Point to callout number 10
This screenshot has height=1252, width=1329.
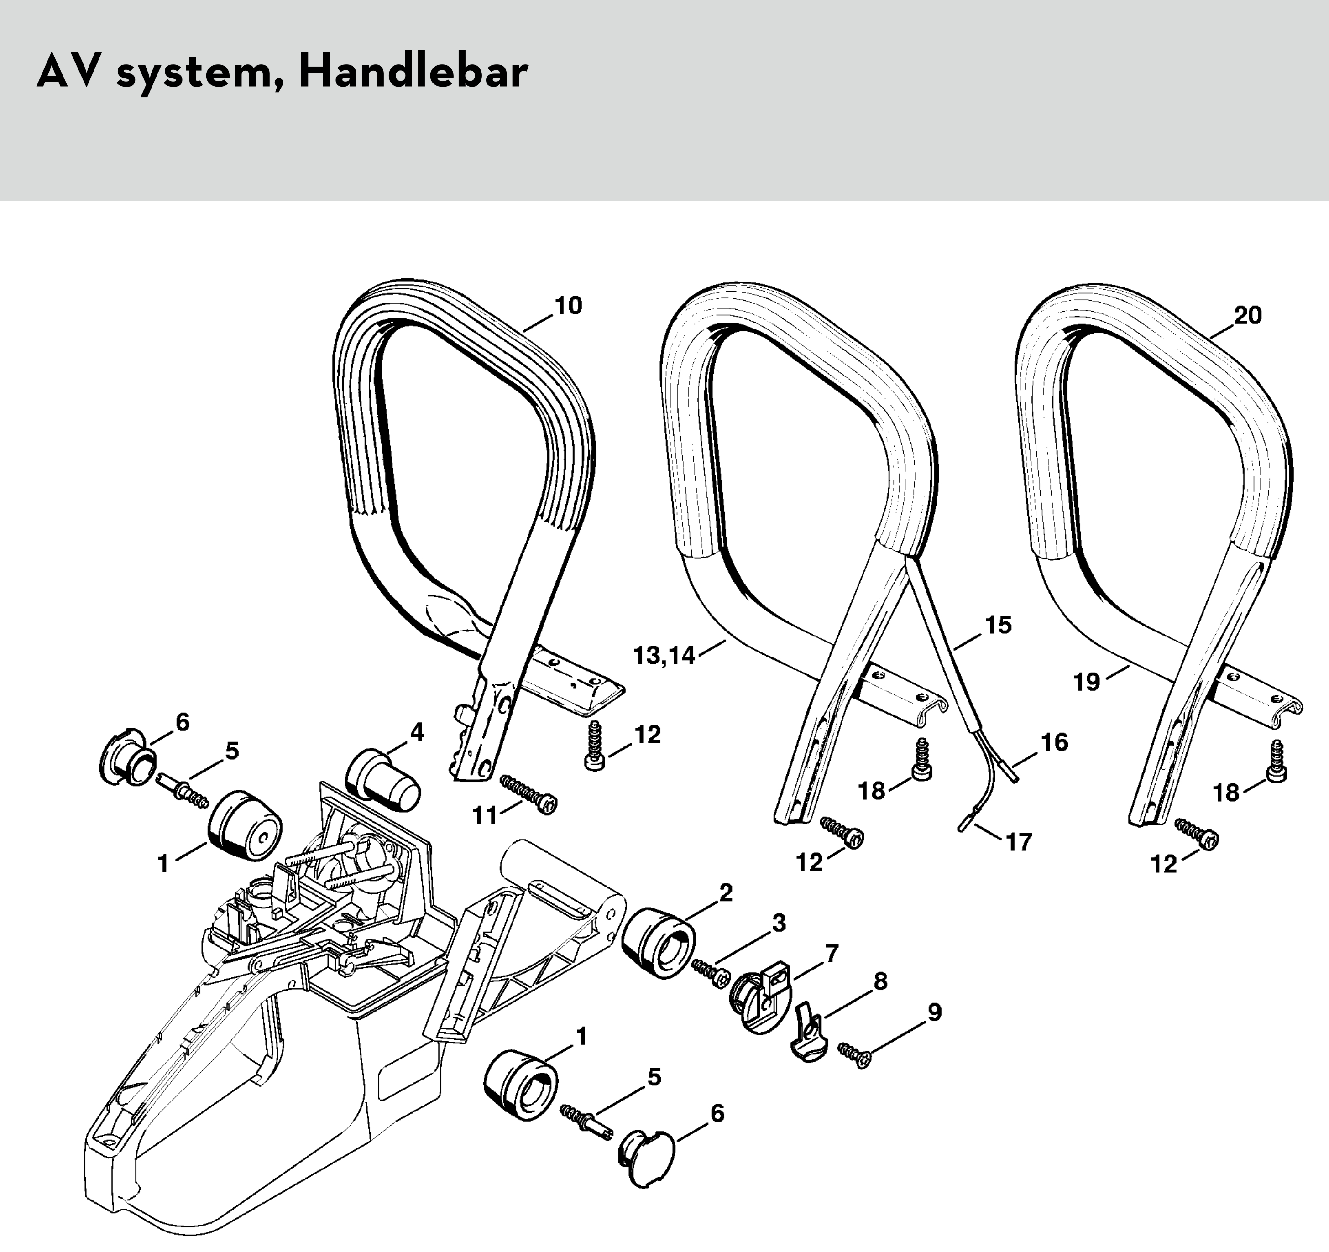click(568, 306)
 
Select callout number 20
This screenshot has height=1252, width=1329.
click(1247, 315)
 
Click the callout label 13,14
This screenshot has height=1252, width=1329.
click(664, 656)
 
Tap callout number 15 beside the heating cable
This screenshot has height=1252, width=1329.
click(998, 625)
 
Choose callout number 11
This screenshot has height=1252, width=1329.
click(485, 815)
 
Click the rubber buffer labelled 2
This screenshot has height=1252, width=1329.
click(656, 943)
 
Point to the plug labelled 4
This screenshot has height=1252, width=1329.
click(382, 777)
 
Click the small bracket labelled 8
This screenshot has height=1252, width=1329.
click(809, 1034)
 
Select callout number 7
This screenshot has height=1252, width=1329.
click(832, 953)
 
